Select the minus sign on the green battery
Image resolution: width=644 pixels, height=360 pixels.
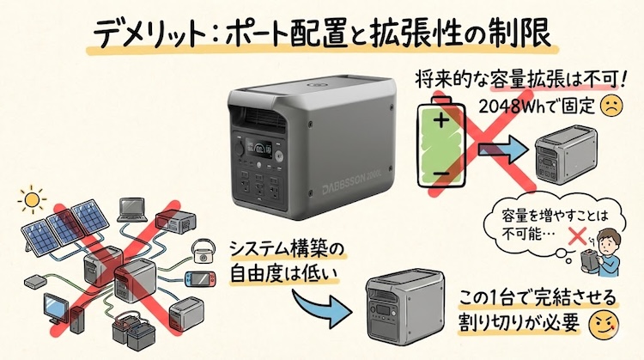[x=441, y=175]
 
